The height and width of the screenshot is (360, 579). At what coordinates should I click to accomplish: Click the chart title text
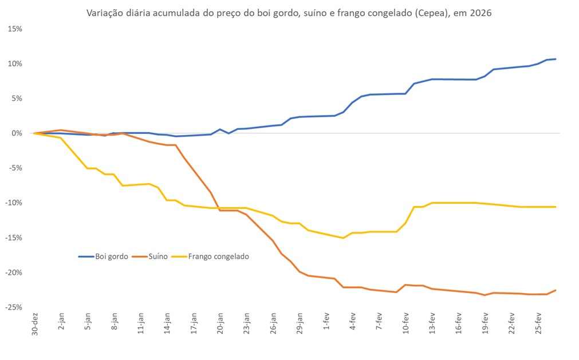[x=289, y=13]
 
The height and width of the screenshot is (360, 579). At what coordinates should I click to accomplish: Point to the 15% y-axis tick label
[x=14, y=29]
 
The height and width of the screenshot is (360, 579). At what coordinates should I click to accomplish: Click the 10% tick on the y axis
[x=14, y=64]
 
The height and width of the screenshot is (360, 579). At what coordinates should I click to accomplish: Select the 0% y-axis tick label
[x=17, y=133]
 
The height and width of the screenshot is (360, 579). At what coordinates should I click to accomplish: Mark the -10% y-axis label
[x=13, y=203]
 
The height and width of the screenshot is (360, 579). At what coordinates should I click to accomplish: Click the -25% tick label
[x=13, y=307]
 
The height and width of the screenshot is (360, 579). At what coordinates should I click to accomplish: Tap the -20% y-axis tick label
[x=13, y=272]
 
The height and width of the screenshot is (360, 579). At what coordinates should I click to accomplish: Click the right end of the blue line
[x=556, y=59]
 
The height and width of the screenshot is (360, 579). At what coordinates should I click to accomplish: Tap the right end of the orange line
[x=556, y=290]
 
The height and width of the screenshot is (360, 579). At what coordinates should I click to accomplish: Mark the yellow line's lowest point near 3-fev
[x=343, y=238]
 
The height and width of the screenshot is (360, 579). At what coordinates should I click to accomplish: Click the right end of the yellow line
[x=556, y=207]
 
